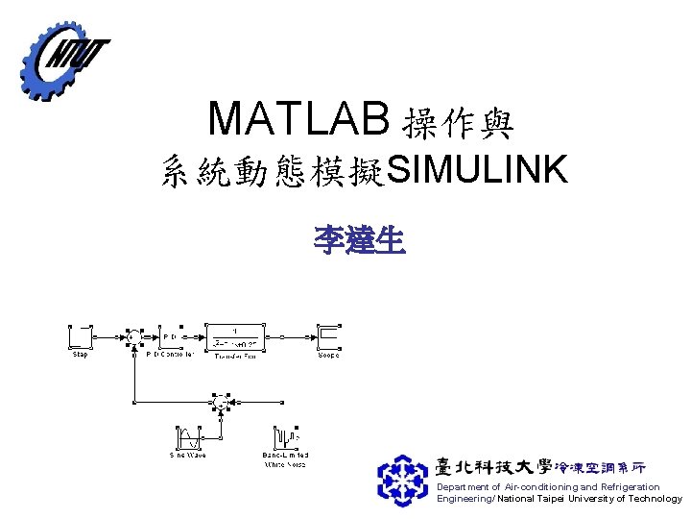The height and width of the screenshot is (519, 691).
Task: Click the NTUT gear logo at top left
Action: (x=62, y=59)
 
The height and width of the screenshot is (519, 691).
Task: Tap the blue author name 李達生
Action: (x=360, y=238)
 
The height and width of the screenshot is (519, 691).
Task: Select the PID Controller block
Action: (x=169, y=338)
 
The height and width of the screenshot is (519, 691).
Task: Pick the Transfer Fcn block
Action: (x=236, y=336)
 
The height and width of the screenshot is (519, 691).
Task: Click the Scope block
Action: (x=329, y=337)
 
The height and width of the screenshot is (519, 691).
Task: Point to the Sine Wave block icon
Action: (x=188, y=437)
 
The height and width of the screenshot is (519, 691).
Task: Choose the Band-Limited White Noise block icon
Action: (x=286, y=437)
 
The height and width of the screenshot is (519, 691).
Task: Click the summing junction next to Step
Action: (x=133, y=337)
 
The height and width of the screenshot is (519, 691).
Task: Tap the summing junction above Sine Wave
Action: (x=220, y=405)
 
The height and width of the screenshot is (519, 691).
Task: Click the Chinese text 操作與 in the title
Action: (x=460, y=122)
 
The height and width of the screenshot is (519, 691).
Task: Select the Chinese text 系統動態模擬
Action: (x=273, y=173)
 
